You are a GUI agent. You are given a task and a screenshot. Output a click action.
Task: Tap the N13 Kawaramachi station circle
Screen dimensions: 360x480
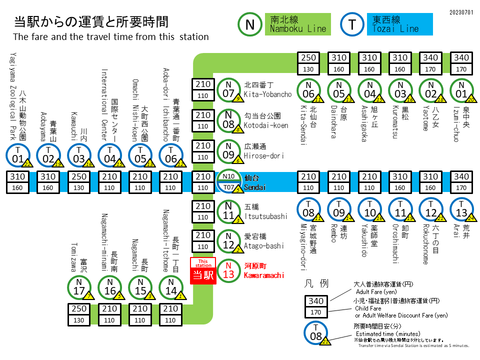pos(228,270)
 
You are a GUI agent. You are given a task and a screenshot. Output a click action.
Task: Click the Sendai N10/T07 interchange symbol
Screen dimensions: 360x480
pos(228,182)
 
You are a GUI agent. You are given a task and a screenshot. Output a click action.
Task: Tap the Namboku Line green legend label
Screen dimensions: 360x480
pos(297,24)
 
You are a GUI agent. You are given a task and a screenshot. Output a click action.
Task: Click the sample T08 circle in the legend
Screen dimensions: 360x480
pos(316,332)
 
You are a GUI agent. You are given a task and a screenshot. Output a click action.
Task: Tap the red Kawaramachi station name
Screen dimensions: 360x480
pos(264,270)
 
